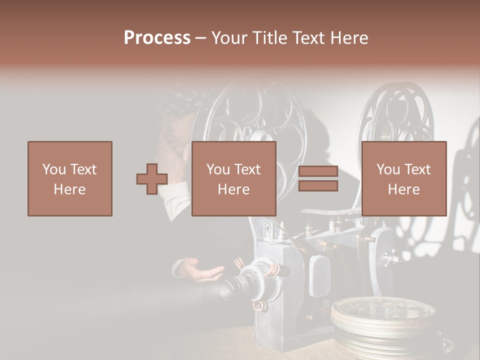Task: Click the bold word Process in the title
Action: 157,38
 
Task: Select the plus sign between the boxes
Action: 152,179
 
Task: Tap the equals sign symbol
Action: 318,179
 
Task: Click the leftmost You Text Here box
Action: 69,178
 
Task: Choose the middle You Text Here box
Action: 233,178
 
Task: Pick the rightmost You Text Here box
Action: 403,178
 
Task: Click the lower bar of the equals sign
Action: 318,186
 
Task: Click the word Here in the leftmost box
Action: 69,189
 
